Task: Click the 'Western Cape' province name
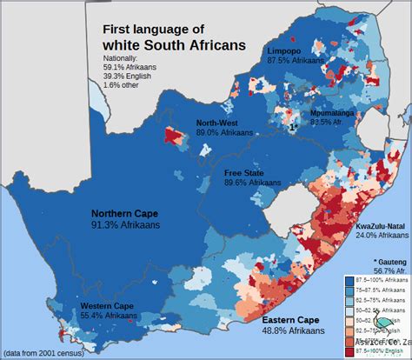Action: (83, 306)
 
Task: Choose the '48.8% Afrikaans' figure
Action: (294, 331)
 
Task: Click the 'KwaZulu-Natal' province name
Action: (380, 226)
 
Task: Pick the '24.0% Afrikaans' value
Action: (381, 236)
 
